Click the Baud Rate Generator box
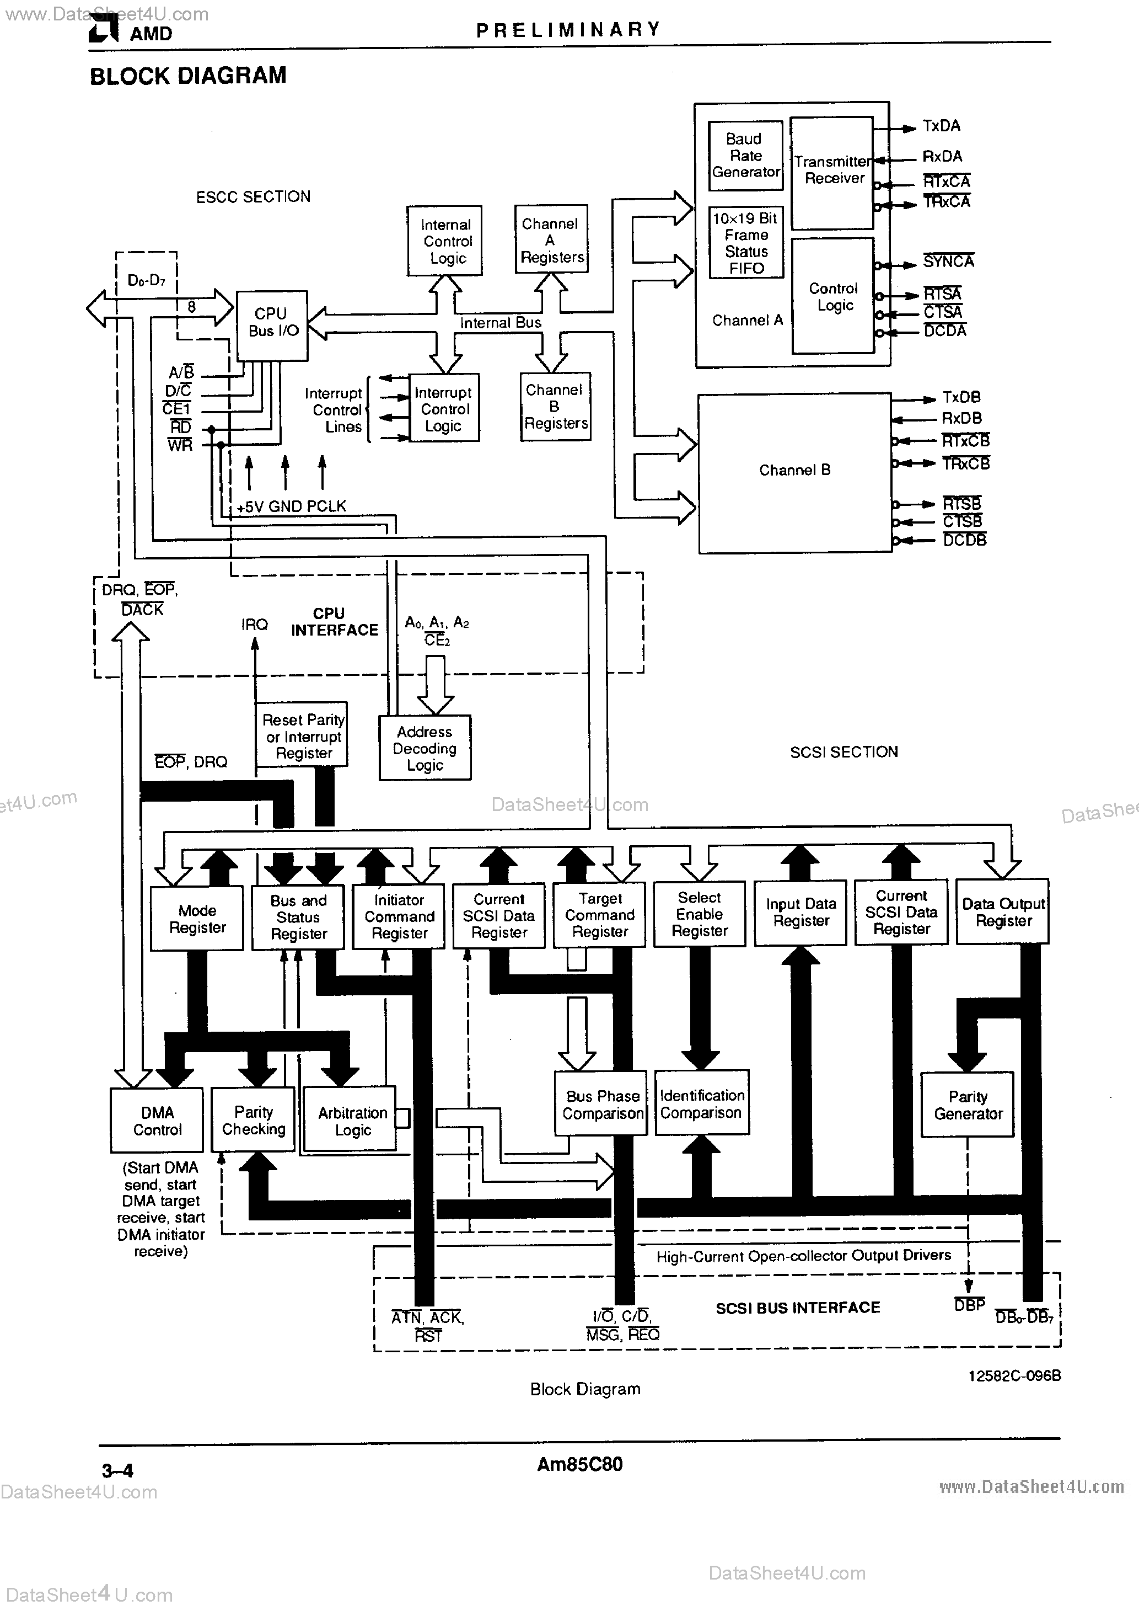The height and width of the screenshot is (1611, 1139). (x=745, y=155)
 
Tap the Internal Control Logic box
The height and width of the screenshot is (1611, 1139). (x=445, y=241)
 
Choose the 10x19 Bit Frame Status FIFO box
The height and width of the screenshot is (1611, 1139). (x=745, y=243)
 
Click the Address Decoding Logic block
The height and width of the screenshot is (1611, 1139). (x=425, y=748)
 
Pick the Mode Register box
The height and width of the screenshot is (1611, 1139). (x=197, y=919)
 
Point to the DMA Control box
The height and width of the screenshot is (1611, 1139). (x=157, y=1121)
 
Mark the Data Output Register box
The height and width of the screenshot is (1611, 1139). (x=1002, y=911)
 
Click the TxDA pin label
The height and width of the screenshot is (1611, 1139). (x=941, y=126)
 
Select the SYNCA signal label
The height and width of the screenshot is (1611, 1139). (x=948, y=262)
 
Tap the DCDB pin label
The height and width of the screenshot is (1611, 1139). (x=964, y=540)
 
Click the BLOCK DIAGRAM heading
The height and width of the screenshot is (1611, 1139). (x=188, y=76)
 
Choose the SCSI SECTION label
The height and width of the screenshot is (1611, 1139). (x=843, y=751)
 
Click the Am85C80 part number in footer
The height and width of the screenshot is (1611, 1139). (x=579, y=1464)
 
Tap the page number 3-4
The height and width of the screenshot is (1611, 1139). (x=117, y=1470)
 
